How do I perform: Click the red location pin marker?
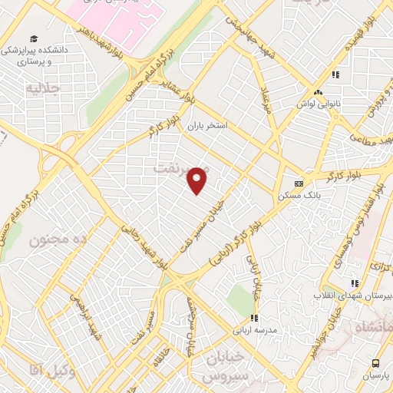[x=198, y=180]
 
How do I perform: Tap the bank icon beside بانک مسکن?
[x=299, y=183]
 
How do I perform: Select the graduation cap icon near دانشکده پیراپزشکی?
[x=34, y=39]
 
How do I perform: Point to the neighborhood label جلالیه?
[x=43, y=89]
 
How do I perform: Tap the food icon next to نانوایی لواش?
[x=335, y=74]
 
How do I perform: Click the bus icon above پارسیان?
[x=375, y=363]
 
